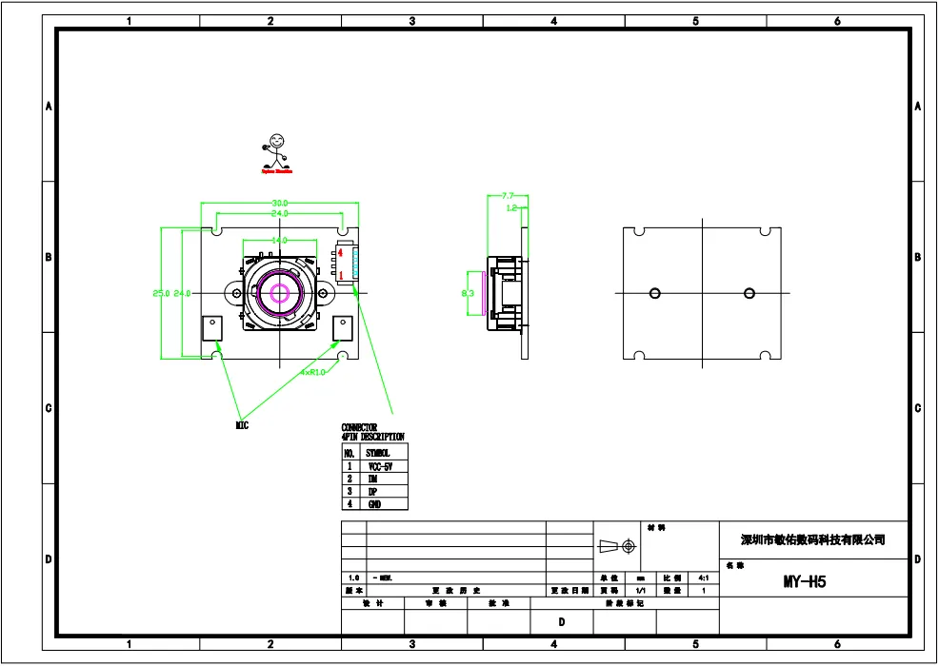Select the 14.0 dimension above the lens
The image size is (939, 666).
point(280,241)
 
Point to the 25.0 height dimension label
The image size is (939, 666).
point(161,293)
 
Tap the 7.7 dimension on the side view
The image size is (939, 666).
point(508,196)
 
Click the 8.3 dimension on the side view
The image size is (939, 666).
point(468,294)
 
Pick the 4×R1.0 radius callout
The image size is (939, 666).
point(312,371)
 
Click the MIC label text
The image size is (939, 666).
point(242,425)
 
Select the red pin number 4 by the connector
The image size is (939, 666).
point(328,253)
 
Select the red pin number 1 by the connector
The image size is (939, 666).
point(328,275)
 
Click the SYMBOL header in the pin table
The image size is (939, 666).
point(378,454)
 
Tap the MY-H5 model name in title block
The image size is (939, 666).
point(805,581)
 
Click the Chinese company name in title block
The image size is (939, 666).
point(813,539)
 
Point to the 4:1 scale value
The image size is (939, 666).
point(704,578)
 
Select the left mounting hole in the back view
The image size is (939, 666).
point(654,293)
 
